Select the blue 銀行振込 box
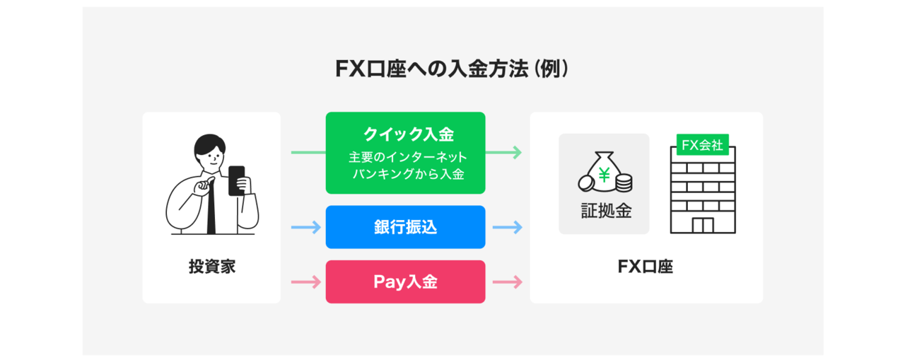coord(405,227)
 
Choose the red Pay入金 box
coord(405,282)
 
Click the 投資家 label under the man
coord(211,267)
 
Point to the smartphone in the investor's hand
coord(236,180)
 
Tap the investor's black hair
coord(211,144)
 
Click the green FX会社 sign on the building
coord(701,144)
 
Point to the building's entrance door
coord(702,226)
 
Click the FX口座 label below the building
coord(646,267)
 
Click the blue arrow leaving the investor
coord(307,227)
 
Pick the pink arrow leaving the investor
coord(307,282)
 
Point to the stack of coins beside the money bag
coord(623,183)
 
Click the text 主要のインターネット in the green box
coord(407,157)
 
